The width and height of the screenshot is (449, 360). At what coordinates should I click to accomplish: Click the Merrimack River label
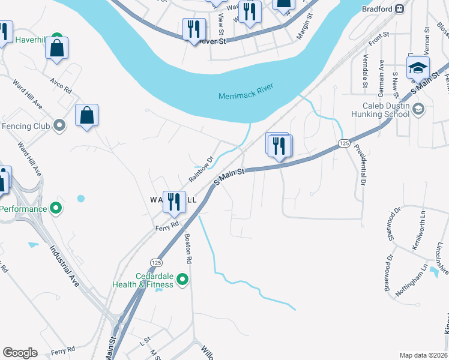click(x=246, y=91)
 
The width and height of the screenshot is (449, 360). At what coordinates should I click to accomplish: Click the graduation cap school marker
click(x=418, y=67)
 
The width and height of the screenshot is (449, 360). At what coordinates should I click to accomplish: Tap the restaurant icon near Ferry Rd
click(x=175, y=202)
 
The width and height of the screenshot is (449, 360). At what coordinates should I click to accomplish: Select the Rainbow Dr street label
click(x=202, y=170)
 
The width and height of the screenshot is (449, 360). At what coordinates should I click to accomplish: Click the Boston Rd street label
click(x=188, y=249)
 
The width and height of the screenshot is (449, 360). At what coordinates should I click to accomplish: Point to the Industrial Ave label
click(x=64, y=267)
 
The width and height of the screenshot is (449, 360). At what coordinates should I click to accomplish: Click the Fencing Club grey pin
click(x=59, y=125)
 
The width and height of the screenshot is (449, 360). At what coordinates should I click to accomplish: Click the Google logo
click(x=20, y=353)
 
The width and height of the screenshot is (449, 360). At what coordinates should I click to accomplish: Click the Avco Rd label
click(x=61, y=86)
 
